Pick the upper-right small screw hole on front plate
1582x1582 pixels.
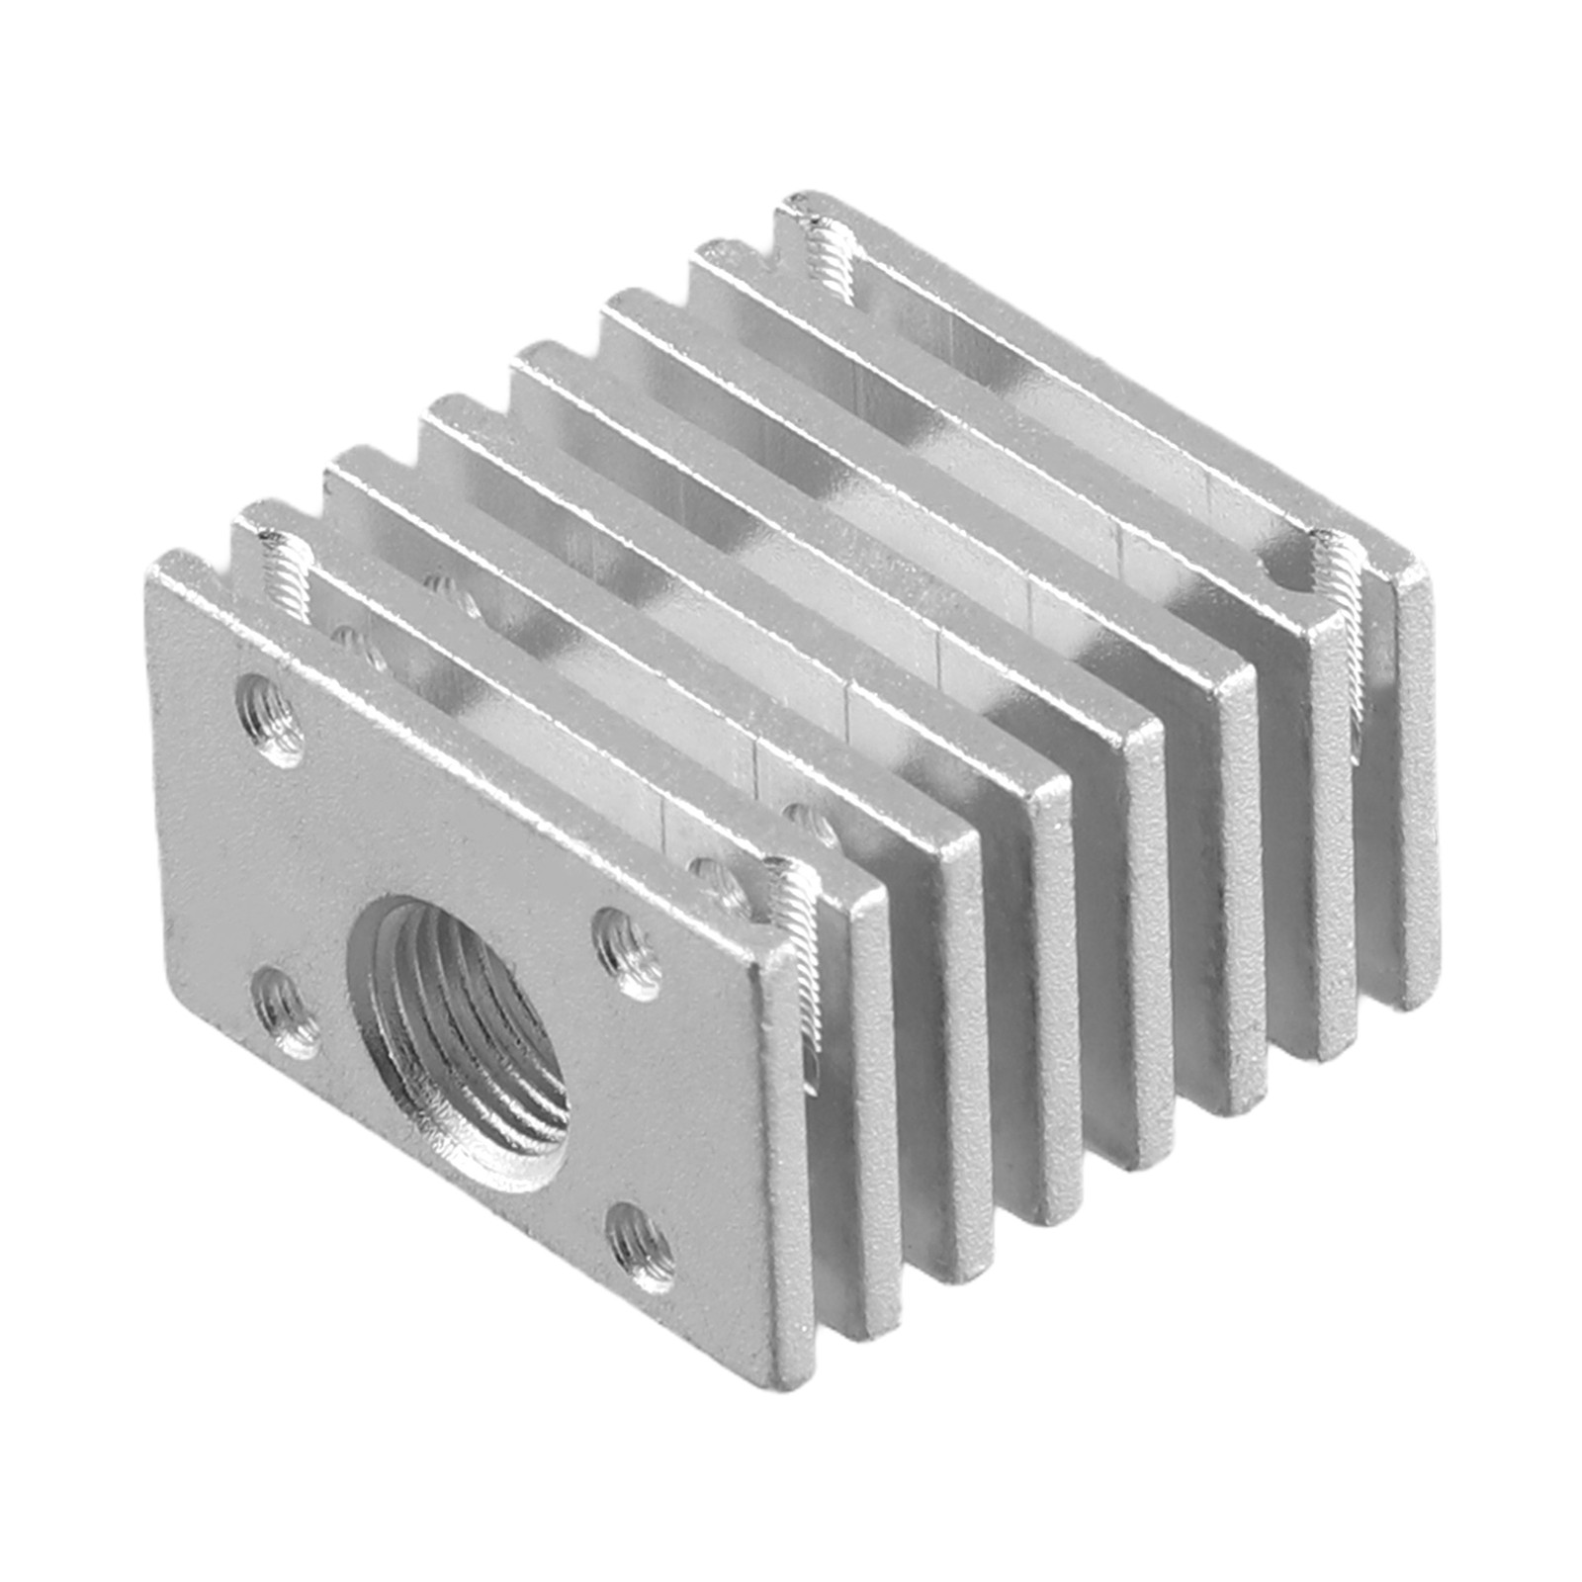[x=628, y=952]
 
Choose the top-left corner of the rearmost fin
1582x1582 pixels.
[x=791, y=198]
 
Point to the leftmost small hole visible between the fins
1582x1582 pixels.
[x=346, y=638]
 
